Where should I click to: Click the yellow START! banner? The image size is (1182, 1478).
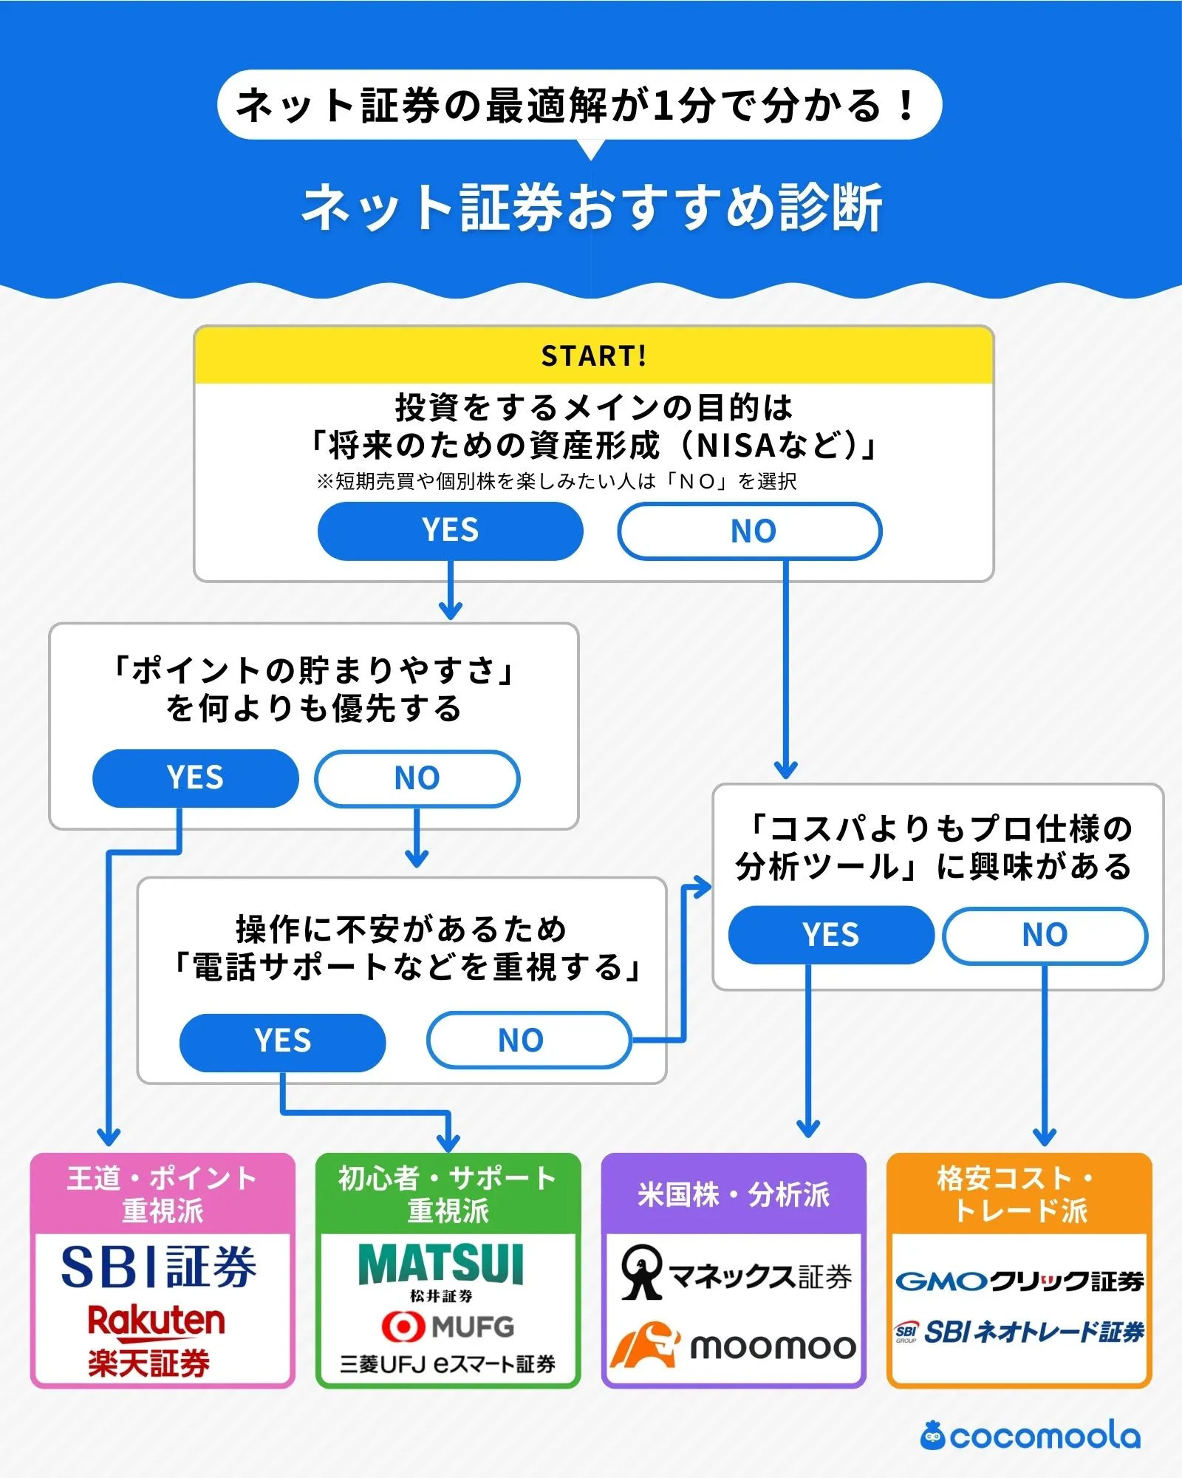(593, 355)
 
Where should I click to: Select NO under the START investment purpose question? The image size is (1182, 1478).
(750, 531)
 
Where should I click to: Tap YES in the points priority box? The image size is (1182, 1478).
(195, 778)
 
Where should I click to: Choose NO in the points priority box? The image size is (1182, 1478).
(417, 778)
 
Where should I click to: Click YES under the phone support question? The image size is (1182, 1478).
(282, 1041)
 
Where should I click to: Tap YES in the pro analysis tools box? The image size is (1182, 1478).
(831, 935)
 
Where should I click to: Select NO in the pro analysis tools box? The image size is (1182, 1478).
(1045, 935)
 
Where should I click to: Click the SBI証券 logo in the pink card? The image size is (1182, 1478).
(159, 1267)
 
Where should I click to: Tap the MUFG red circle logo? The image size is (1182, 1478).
(403, 1327)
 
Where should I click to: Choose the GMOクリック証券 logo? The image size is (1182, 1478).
(1019, 1281)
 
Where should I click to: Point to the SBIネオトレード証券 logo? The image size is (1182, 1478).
(1019, 1332)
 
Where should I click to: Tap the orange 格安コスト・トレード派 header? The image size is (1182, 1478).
(1019, 1193)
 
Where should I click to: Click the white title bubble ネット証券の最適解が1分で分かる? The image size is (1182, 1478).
(579, 105)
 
